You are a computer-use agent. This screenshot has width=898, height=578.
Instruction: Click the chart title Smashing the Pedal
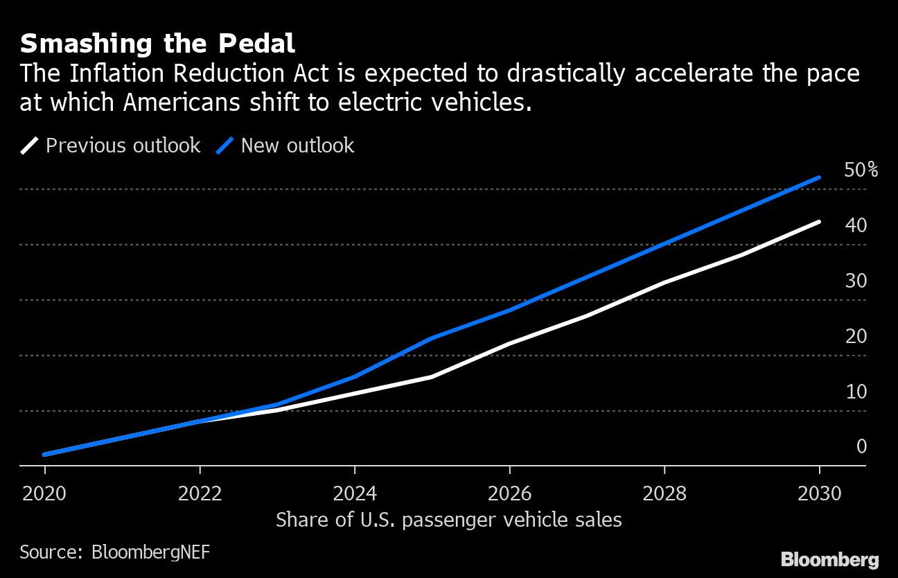click(x=157, y=44)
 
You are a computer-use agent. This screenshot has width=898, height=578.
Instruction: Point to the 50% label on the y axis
click(x=861, y=170)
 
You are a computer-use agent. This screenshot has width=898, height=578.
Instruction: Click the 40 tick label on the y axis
click(x=856, y=225)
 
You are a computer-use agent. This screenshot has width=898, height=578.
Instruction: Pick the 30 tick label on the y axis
click(x=856, y=281)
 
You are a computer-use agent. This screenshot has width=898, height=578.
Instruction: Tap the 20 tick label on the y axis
click(x=856, y=336)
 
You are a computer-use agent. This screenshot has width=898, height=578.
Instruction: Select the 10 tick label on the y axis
click(x=856, y=392)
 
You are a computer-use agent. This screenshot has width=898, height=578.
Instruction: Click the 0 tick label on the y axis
click(x=861, y=446)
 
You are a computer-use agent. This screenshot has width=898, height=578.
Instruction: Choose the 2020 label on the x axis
click(x=45, y=493)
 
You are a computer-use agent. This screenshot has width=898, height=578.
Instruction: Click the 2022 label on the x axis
click(x=200, y=493)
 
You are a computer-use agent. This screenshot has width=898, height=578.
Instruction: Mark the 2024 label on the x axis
click(x=355, y=493)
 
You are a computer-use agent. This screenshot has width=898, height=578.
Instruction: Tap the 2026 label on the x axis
click(x=509, y=493)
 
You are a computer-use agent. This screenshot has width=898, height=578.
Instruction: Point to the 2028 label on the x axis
click(x=664, y=493)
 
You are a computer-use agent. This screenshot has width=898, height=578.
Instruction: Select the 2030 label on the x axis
click(x=819, y=493)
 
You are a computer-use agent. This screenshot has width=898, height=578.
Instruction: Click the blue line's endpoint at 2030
click(x=819, y=177)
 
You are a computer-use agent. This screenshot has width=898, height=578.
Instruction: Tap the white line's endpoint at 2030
click(x=819, y=222)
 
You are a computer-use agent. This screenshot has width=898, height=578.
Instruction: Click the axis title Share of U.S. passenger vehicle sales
click(x=448, y=520)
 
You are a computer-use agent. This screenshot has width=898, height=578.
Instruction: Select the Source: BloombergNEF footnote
click(x=114, y=552)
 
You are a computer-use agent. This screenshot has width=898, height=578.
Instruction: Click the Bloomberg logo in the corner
click(x=829, y=559)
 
